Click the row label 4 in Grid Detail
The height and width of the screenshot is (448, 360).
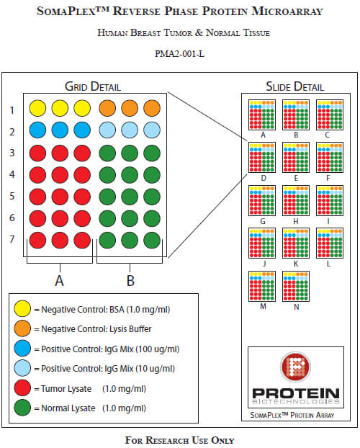(12, 174)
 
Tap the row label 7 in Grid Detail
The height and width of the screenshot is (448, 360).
(12, 239)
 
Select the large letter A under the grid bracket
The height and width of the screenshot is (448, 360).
(59, 281)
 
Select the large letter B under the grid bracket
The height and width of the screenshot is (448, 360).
(130, 281)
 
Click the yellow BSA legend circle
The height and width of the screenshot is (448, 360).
(22, 308)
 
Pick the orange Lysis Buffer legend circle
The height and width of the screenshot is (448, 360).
(22, 328)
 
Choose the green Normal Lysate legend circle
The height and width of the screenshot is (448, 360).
(22, 408)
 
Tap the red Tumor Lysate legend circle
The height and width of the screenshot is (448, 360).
(22, 388)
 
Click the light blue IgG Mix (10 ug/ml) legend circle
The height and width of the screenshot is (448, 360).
(22, 368)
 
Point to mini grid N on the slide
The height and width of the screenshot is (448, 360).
(296, 286)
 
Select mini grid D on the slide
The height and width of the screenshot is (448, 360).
(262, 158)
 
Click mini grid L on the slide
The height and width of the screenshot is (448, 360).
(330, 243)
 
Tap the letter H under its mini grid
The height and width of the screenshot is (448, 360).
(296, 221)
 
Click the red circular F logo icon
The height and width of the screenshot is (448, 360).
(295, 367)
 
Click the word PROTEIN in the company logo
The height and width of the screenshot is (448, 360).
(296, 393)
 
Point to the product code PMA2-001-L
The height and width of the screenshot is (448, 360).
(180, 54)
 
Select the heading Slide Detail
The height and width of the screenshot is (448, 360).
(295, 86)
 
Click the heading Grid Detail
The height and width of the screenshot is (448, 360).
(93, 86)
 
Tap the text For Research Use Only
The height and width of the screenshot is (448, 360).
(180, 440)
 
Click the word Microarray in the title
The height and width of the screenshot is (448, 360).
(287, 12)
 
